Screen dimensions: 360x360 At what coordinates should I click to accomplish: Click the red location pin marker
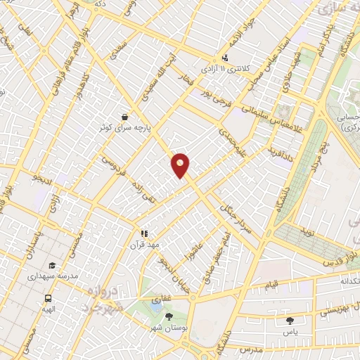(181, 165)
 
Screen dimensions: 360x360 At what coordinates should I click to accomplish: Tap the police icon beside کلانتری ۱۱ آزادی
(225, 58)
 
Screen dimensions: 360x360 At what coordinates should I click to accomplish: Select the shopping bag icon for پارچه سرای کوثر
(124, 117)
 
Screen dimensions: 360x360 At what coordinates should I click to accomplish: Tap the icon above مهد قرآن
(144, 233)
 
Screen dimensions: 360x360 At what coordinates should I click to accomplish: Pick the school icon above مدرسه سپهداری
(52, 266)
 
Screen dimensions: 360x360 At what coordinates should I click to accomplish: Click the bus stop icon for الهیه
(47, 297)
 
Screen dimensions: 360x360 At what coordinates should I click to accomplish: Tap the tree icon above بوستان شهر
(168, 317)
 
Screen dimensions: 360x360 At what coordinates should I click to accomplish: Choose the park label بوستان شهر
(167, 328)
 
